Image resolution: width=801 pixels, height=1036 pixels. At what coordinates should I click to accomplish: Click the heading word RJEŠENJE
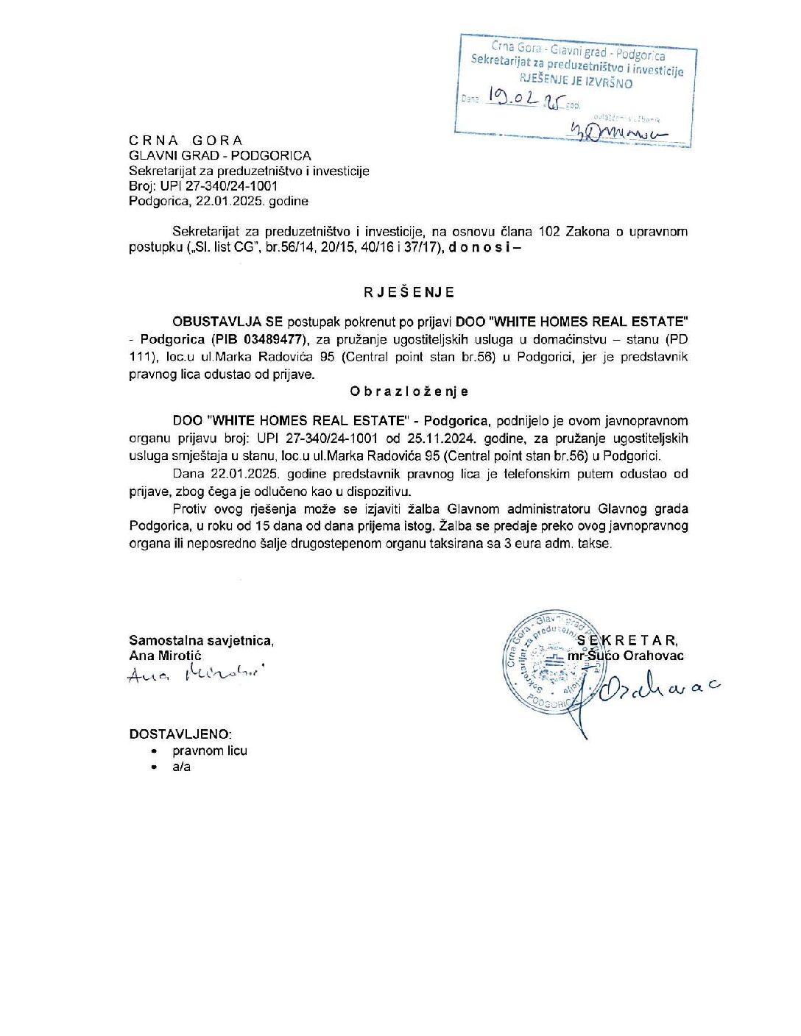(x=409, y=292)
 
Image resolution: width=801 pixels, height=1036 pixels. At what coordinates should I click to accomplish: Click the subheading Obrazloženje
(x=409, y=391)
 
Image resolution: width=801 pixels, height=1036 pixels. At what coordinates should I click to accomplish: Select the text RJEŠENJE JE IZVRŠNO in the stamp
(x=576, y=81)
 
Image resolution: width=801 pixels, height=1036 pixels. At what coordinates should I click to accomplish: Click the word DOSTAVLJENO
(x=180, y=734)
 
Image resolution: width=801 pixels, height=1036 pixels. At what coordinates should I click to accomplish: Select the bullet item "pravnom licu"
(x=210, y=751)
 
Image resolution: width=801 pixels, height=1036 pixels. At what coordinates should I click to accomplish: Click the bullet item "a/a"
(x=181, y=767)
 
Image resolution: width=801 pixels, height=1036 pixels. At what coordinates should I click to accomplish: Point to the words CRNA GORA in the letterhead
(x=186, y=141)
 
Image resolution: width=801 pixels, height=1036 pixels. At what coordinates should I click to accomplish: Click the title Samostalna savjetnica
(x=201, y=641)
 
